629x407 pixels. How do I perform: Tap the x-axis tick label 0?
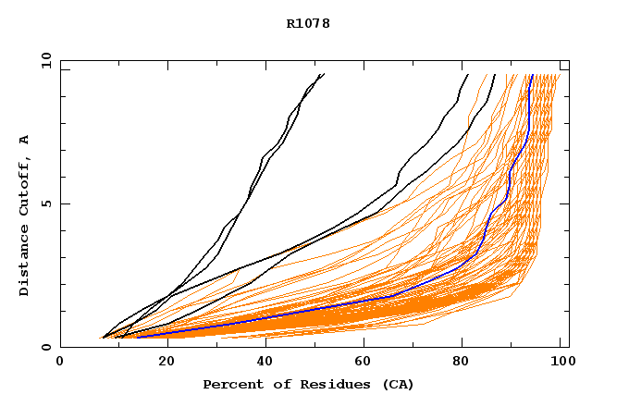pyautogui.click(x=60, y=362)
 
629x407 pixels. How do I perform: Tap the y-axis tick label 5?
pyautogui.click(x=50, y=204)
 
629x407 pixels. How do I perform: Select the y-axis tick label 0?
pyautogui.click(x=50, y=347)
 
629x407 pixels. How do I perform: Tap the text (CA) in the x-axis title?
pyautogui.click(x=397, y=385)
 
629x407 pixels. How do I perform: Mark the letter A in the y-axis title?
pyautogui.click(x=25, y=140)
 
